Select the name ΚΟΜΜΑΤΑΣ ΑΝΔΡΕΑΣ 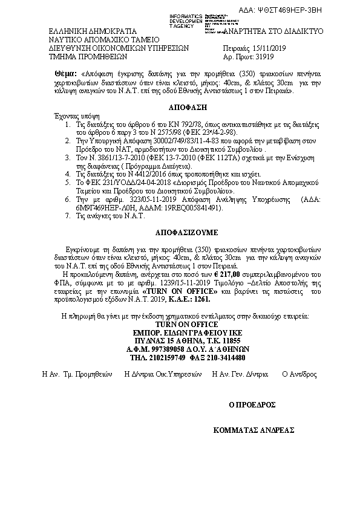coord(254,430)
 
